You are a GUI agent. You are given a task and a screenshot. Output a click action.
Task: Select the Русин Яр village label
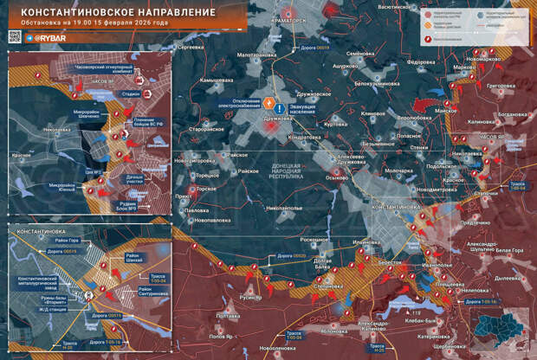tap(250, 296)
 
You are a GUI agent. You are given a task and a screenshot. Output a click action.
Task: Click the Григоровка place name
tap(501, 87)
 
